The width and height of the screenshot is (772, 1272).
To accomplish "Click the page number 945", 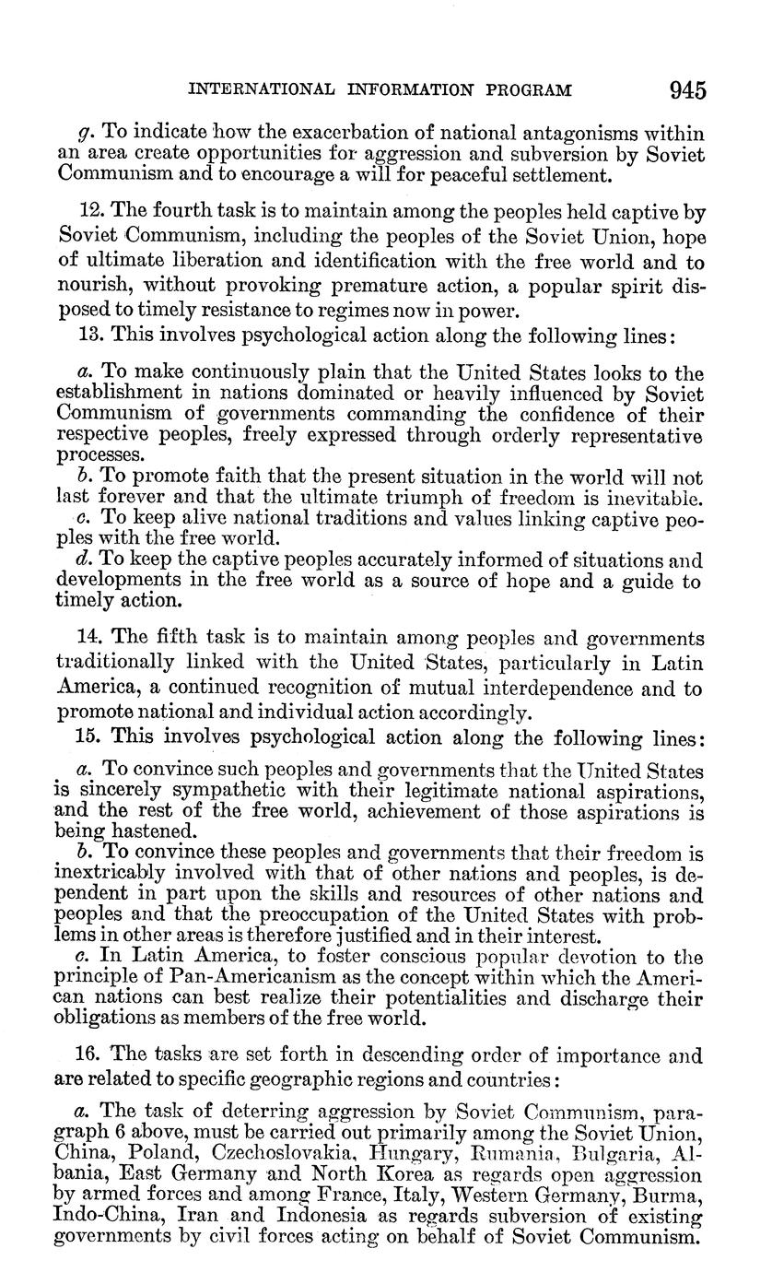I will (687, 90).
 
